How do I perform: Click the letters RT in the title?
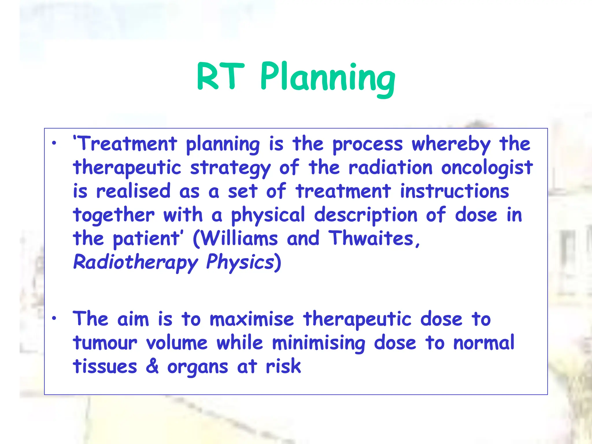220,77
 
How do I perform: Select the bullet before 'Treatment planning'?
54,143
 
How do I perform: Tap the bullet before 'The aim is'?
54,318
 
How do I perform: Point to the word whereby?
451,144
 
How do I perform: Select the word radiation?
391,168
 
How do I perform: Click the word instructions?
454,191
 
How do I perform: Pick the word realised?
133,191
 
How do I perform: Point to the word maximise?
251,319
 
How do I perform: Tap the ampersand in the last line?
152,366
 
